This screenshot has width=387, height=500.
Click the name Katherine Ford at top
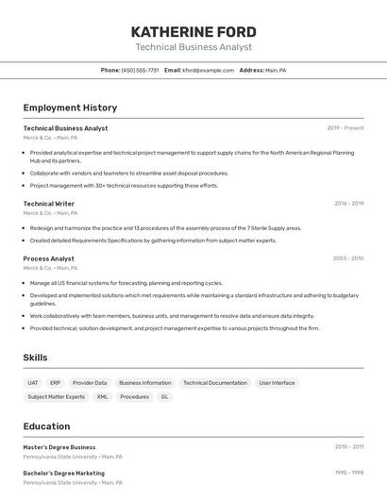point(193,32)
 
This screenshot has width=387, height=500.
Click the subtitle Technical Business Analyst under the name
point(193,47)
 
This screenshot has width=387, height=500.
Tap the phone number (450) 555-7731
point(141,71)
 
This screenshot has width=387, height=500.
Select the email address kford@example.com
point(209,71)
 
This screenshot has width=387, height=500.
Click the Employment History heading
point(70,108)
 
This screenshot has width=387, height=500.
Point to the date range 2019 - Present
point(345,128)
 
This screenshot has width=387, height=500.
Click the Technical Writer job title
point(49,204)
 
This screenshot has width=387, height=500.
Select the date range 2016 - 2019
point(348,204)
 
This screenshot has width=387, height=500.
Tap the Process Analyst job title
point(49,258)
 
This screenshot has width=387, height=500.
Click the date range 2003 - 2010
point(348,258)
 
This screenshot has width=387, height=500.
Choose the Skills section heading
point(35,358)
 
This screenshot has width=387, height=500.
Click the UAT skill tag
point(33,383)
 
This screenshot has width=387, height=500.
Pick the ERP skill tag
point(56,383)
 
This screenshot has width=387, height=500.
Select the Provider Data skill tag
point(90,383)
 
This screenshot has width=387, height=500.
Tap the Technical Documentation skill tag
point(215,383)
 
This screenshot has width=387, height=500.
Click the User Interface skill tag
point(277,383)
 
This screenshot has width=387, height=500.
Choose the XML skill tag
point(102,397)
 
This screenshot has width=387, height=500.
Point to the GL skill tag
point(164,397)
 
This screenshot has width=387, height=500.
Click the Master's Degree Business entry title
point(59,447)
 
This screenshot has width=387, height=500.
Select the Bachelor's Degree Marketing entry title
point(64,474)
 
